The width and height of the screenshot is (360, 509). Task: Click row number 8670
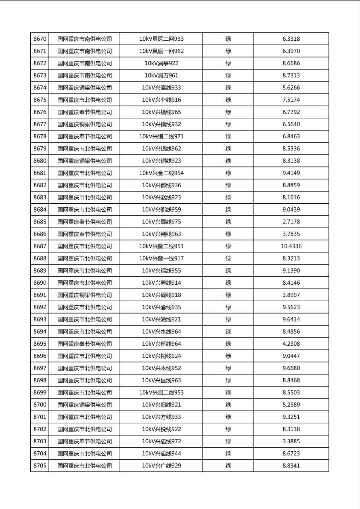click(x=40, y=39)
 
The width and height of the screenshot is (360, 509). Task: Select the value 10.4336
click(x=291, y=246)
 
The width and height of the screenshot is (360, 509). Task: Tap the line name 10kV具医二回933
click(x=161, y=39)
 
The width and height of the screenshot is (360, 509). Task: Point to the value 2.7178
click(x=291, y=222)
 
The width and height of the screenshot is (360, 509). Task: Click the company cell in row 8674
click(x=84, y=88)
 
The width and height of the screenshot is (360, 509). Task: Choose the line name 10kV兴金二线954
click(x=161, y=173)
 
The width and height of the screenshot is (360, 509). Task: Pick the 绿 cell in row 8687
click(x=228, y=246)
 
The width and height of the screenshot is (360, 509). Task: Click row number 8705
click(x=40, y=466)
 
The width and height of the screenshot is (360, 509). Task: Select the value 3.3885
click(x=291, y=441)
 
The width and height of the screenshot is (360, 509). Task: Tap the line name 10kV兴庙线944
click(x=161, y=453)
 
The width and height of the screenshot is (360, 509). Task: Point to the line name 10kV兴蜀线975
click(x=161, y=222)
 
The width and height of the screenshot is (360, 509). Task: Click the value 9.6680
click(x=291, y=368)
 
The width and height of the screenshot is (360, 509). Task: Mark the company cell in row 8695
click(x=84, y=344)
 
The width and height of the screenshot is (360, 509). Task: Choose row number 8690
click(x=40, y=283)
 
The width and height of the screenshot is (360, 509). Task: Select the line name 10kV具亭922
click(x=161, y=63)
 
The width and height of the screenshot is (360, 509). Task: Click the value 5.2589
click(x=291, y=405)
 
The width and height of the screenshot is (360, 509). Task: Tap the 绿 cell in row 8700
click(x=228, y=405)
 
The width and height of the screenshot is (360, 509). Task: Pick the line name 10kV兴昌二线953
click(x=161, y=392)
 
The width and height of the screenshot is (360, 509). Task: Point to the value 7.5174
click(x=291, y=100)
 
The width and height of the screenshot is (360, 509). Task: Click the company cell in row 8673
click(x=84, y=75)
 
